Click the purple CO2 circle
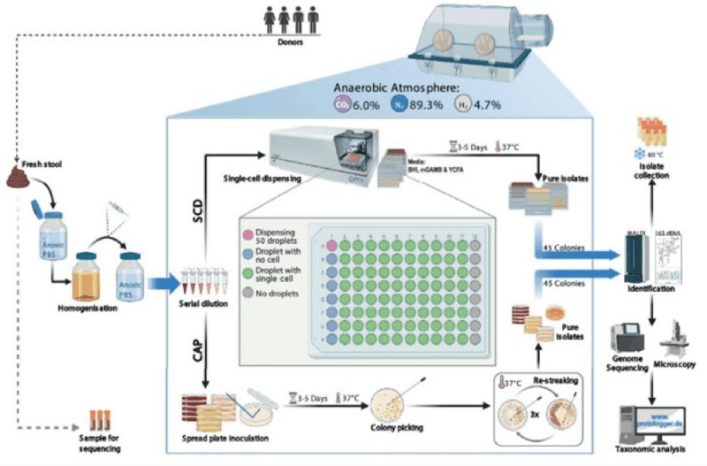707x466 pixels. [340, 104]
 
